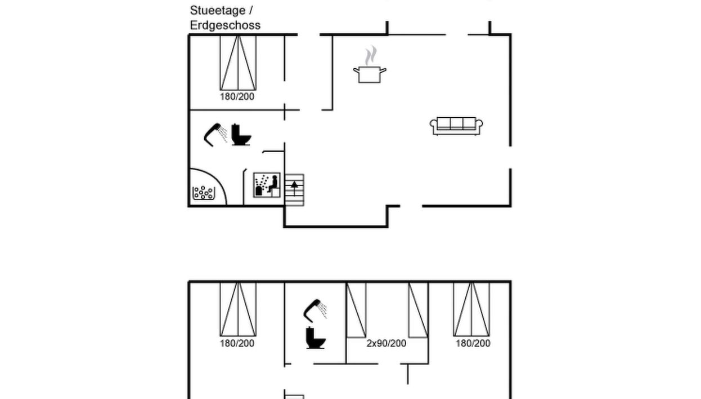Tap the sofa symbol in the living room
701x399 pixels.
(456, 126)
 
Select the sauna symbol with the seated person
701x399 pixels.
(267, 184)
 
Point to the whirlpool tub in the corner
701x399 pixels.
(203, 193)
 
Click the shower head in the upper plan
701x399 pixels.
(215, 134)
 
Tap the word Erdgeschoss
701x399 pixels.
(225, 25)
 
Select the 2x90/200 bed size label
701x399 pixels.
(386, 343)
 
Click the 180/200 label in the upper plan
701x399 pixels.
(237, 97)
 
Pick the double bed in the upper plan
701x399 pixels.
(237, 63)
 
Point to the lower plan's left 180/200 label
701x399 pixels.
(237, 343)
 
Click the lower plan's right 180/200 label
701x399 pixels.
(473, 343)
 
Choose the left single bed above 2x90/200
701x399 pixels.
(356, 310)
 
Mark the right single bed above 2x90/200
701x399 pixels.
(418, 310)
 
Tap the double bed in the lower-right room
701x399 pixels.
(471, 309)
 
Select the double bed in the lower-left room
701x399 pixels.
(237, 309)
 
